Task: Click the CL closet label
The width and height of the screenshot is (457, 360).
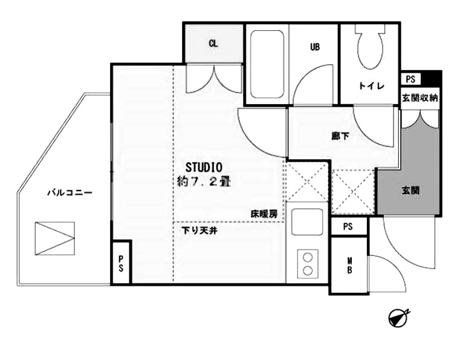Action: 213,44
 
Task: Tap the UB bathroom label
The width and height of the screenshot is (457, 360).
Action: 315,47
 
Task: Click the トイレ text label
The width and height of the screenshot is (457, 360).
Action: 372,86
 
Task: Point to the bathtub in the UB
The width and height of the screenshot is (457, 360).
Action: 267,65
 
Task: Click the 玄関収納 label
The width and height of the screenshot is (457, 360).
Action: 420,98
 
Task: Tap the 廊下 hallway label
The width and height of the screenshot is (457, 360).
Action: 340,136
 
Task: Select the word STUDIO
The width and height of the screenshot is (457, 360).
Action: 204,168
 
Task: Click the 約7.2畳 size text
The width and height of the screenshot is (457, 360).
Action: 204,182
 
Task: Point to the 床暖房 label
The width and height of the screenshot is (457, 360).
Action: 264,214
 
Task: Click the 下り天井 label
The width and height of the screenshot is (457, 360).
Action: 199,231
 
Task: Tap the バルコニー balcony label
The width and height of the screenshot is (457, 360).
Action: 70,192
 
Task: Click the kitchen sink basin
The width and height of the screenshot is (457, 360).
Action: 307,221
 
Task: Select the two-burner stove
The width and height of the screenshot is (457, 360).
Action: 308,264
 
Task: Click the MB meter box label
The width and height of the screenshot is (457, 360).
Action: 349,265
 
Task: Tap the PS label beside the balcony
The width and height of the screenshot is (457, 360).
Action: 121,264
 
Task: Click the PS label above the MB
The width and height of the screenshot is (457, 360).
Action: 348,227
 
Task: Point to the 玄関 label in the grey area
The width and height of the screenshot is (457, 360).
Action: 411,191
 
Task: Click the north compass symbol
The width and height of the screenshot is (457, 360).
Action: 398,318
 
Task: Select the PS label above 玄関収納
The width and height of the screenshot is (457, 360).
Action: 410,79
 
